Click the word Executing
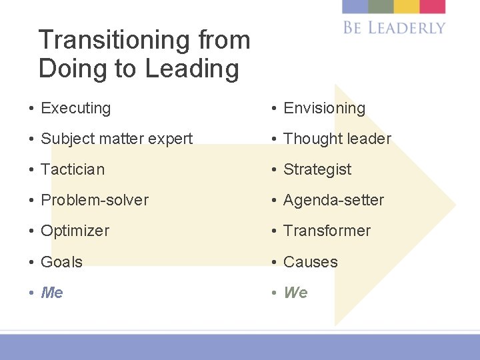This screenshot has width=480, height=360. [75, 108]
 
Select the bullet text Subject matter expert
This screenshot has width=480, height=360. [117, 139]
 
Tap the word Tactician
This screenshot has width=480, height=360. [73, 169]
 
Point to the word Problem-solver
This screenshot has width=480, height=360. [95, 200]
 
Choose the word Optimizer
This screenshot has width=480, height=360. [75, 231]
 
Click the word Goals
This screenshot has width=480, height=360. [61, 262]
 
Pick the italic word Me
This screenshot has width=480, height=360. [52, 293]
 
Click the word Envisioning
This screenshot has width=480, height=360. [324, 108]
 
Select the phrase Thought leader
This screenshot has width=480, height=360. [337, 139]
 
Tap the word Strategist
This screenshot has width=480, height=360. [317, 169]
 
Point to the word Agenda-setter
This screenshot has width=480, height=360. [333, 200]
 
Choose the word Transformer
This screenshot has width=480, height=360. [327, 231]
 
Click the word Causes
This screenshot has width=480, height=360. [311, 262]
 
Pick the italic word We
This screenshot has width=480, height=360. [295, 293]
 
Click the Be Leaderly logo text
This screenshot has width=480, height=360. [394, 27]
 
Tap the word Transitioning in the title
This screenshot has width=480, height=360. [117, 40]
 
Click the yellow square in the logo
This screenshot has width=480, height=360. [406, 7]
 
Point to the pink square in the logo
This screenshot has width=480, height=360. [432, 7]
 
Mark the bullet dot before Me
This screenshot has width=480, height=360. [32, 293]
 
